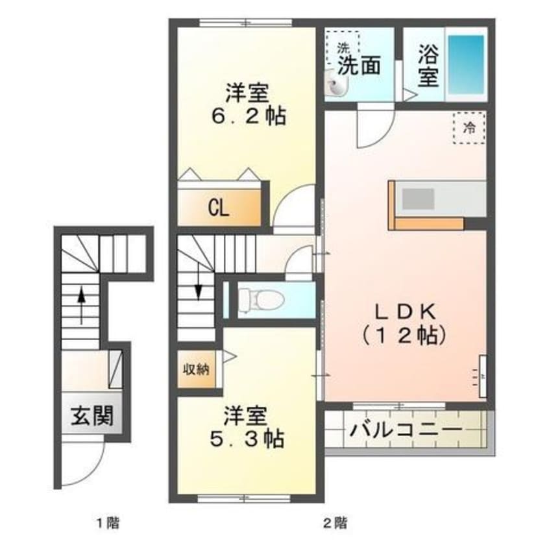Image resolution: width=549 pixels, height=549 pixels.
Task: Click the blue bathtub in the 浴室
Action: [x=467, y=64]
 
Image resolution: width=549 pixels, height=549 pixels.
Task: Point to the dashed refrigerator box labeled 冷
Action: [x=469, y=128]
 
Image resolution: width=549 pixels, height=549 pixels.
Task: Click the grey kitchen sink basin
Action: [x=418, y=198]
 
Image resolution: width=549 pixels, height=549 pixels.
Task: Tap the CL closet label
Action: [x=219, y=209]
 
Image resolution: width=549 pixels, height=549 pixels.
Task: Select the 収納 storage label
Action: [x=197, y=369]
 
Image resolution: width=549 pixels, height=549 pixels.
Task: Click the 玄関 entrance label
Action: [x=92, y=416]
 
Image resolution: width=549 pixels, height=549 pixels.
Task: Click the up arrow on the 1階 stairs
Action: [x=81, y=305]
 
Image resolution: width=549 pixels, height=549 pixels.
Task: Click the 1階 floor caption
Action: [x=108, y=524]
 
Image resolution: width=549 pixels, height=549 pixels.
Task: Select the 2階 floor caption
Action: [x=335, y=524]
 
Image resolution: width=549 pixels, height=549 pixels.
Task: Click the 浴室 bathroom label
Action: [x=428, y=66]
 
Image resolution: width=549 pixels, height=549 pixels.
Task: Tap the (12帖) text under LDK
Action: [x=404, y=336]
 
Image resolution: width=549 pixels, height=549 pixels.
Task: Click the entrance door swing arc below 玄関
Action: [x=91, y=473]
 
